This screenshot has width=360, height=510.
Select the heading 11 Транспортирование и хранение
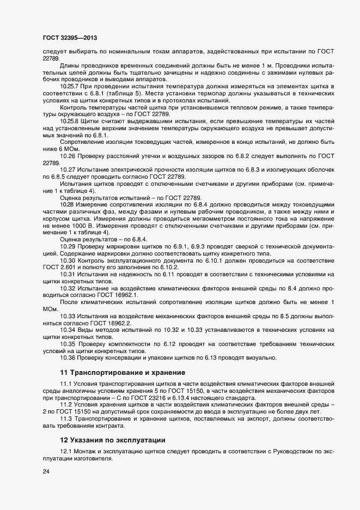(123, 373)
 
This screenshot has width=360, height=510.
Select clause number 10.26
(68, 156)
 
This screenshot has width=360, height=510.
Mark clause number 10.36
(68, 357)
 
